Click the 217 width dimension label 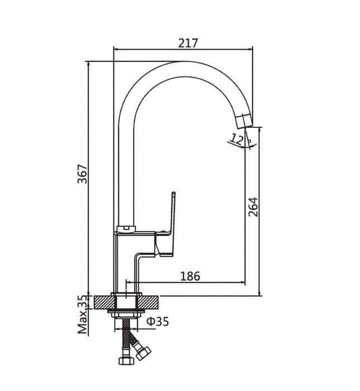188,43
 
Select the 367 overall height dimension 83,174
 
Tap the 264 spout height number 253,207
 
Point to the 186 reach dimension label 190,276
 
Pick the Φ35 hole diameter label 157,321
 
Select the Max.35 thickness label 83,314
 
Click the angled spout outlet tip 244,121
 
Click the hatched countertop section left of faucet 103,302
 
